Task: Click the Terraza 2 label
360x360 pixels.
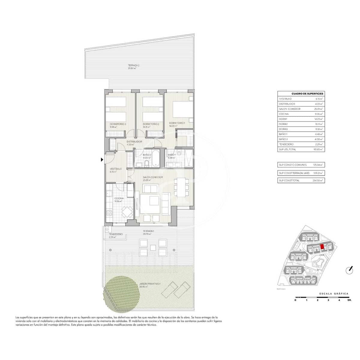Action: pyautogui.click(x=133, y=65)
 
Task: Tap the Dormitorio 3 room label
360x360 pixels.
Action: pyautogui.click(x=118, y=124)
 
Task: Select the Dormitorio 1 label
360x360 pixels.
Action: pyautogui.click(x=177, y=123)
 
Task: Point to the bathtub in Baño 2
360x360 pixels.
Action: pyautogui.click(x=156, y=159)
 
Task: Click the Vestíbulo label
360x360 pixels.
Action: pyautogui.click(x=116, y=169)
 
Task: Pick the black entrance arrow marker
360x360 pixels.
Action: pyautogui.click(x=102, y=160)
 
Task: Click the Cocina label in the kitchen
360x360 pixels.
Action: pyautogui.click(x=119, y=199)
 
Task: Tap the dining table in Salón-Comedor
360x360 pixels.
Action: pyautogui.click(x=181, y=187)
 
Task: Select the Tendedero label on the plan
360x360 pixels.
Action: pyautogui.click(x=115, y=234)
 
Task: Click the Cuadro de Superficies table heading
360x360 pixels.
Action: pyautogui.click(x=301, y=94)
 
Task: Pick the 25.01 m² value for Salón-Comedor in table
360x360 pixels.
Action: pyautogui.click(x=318, y=109)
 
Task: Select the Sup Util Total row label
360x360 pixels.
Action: pyautogui.click(x=287, y=149)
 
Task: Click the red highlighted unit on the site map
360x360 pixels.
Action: pyautogui.click(x=322, y=247)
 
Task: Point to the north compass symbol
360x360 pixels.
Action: pyautogui.click(x=349, y=270)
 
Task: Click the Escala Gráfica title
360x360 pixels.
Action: pyautogui.click(x=334, y=293)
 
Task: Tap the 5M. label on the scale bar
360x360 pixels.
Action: pyautogui.click(x=349, y=300)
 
